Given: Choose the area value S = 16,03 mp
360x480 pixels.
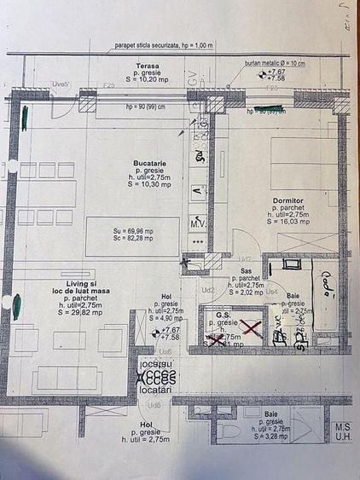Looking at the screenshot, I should click(x=289, y=221).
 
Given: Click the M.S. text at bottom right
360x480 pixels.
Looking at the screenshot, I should click(x=343, y=426).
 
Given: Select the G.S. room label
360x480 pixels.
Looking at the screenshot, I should click(x=224, y=315).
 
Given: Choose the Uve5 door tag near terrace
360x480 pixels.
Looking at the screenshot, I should click(x=61, y=85).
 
